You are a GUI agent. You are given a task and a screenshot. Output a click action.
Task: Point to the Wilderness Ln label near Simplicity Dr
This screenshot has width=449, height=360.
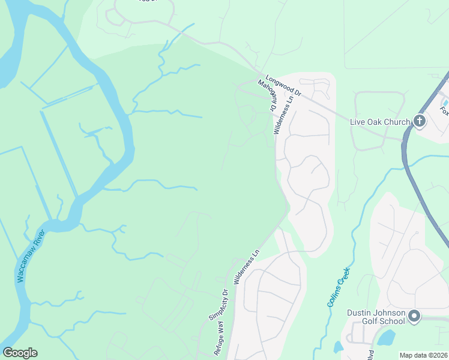[246, 265]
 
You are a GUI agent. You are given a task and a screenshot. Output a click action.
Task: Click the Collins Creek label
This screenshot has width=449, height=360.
[339, 287]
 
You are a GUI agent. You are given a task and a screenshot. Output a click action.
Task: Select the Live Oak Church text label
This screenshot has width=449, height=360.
[380, 122]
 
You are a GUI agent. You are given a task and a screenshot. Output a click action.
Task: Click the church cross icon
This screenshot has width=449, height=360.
[419, 122]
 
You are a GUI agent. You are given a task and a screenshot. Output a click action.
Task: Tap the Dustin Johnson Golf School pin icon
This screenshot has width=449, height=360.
[414, 316]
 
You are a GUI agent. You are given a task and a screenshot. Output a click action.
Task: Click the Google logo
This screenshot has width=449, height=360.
[20, 353]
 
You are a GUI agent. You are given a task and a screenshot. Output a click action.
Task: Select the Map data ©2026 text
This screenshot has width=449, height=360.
[424, 355]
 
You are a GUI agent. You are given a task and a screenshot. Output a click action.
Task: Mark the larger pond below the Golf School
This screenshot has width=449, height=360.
[387, 338]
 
